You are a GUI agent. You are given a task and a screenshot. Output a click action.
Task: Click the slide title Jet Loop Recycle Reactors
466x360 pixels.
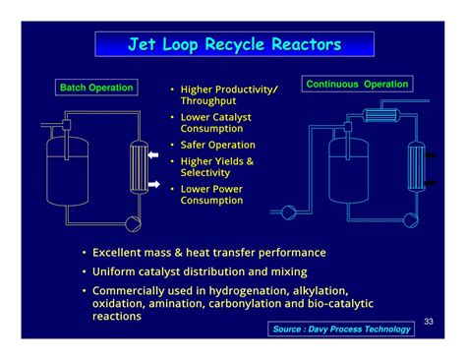[x=233, y=45]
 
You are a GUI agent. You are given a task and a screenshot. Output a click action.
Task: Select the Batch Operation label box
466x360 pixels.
[x=96, y=89]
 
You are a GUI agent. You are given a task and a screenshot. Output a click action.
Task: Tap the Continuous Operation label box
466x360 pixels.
[x=357, y=85]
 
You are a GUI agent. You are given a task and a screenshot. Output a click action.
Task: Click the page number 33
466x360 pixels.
[x=429, y=322]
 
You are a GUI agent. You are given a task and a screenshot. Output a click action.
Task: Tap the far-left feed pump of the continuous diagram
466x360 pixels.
[x=289, y=210]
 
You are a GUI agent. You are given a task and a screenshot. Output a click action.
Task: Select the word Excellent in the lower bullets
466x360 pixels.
[x=122, y=253]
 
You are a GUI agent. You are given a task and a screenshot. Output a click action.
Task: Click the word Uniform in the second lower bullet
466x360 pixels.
[x=116, y=271]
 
